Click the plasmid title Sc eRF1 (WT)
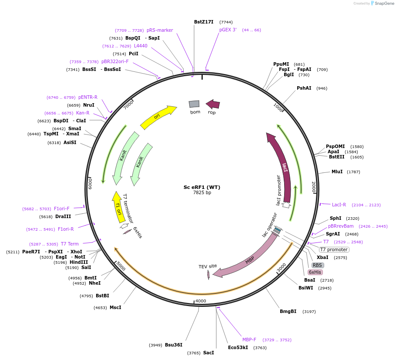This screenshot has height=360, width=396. coord(201,187)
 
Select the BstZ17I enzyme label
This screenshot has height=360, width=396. coord(204,22)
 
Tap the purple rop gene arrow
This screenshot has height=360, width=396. coord(213,104)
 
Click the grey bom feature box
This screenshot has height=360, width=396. coord(194,104)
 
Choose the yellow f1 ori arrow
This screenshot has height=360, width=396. coord(117,207)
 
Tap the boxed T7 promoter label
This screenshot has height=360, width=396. coord(334,249)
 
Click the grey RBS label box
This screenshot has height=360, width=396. coord(317,265)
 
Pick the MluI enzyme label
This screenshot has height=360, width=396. coord(337,172)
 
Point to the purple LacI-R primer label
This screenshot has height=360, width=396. coord(339,205)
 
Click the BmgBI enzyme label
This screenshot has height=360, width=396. coord(288,311)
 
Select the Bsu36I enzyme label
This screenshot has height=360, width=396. coord(174,345)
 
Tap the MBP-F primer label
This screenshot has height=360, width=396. coord(249,340)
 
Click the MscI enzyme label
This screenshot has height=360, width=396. coord(115,308)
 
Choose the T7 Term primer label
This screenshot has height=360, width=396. coord(70,244)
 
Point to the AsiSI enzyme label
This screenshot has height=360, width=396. coord(70,142)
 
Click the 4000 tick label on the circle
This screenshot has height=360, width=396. coord(201,301)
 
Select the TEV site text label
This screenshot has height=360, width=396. coord(208,266)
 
